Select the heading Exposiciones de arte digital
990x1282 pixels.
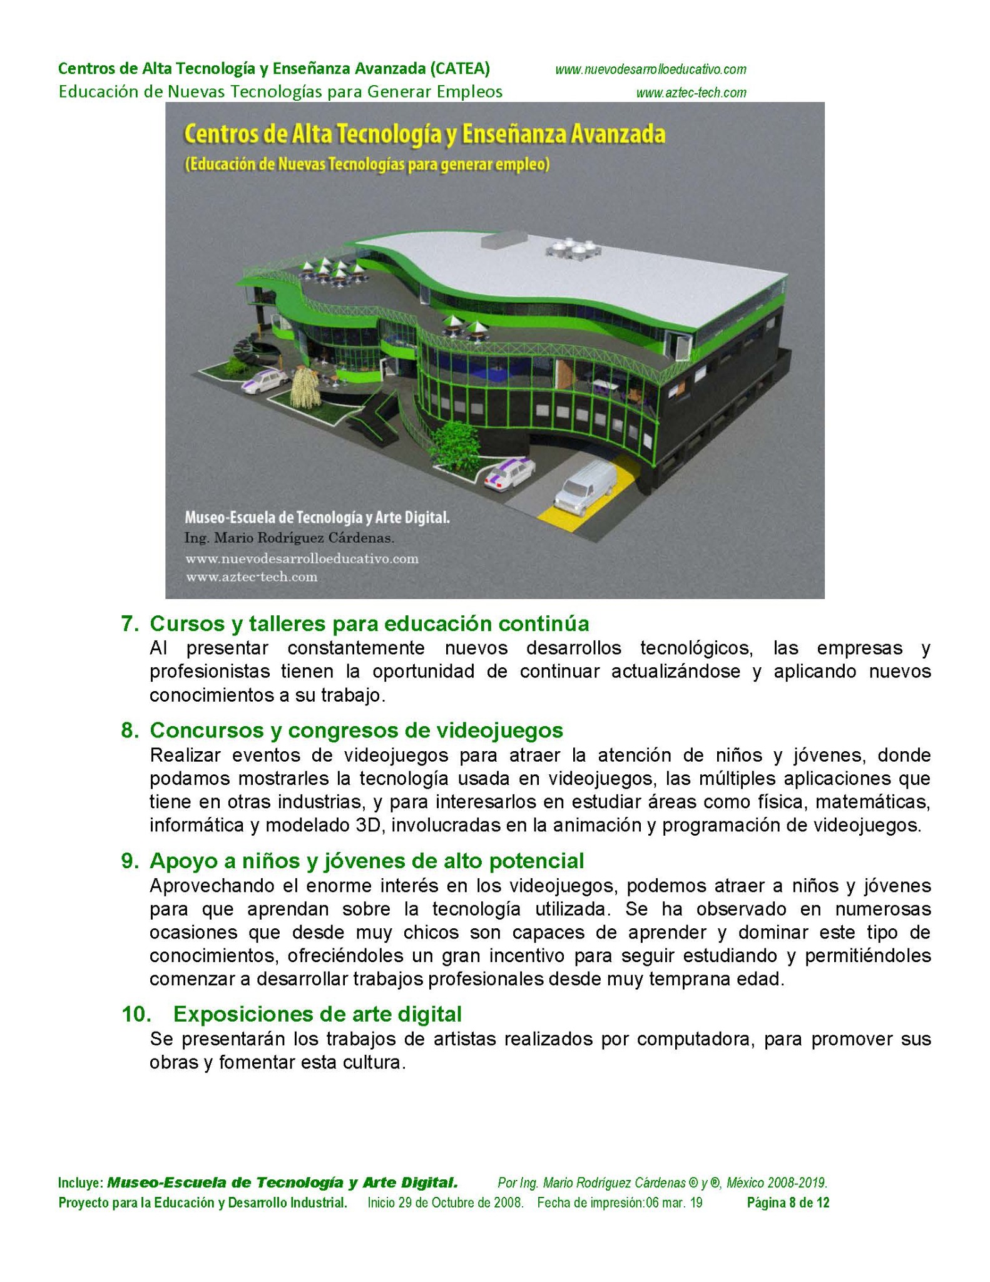[x=317, y=1013]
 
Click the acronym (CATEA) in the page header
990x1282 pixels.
[x=459, y=68]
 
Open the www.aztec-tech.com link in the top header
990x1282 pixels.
[x=691, y=93]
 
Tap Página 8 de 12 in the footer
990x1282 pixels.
[x=788, y=1203]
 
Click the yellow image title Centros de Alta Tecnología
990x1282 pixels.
[x=424, y=135]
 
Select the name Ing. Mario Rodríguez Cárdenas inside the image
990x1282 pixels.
[x=289, y=538]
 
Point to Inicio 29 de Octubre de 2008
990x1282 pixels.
[x=445, y=1203]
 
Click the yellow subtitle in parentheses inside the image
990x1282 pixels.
[x=367, y=165]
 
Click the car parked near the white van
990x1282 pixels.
[x=510, y=474]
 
